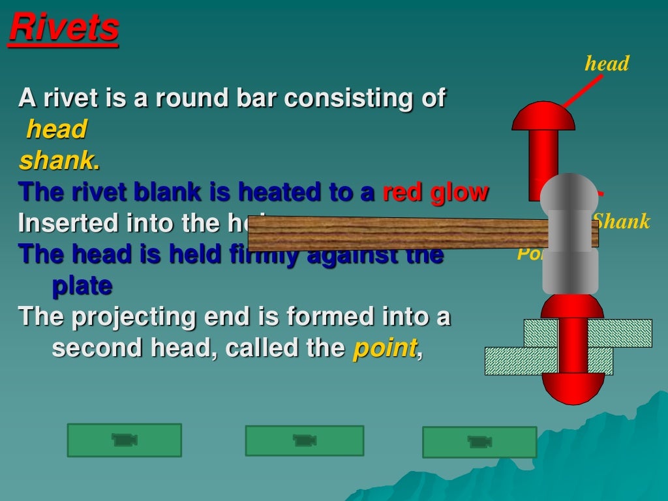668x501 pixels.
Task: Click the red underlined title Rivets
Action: tap(64, 29)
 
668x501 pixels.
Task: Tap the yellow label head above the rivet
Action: tap(607, 64)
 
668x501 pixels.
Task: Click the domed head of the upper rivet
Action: tap(543, 118)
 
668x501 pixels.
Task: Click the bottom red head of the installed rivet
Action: tap(573, 388)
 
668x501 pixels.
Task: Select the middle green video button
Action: tap(304, 440)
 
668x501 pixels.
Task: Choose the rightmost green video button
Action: tap(479, 442)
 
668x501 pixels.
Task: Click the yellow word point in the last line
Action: tap(384, 348)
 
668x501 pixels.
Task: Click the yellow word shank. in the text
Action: tap(59, 161)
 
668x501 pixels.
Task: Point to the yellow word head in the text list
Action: tap(56, 130)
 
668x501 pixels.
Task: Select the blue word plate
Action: tap(82, 286)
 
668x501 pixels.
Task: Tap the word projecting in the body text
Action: tap(134, 317)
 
